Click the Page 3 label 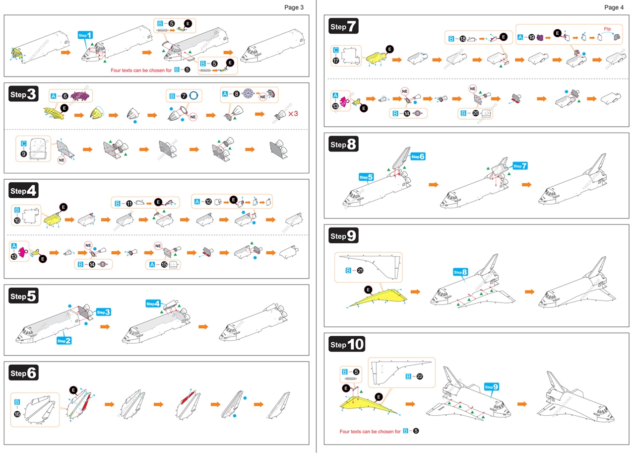(x=294, y=7)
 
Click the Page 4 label (x=614, y=7)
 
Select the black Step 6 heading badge (x=24, y=373)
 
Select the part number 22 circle (x=419, y=377)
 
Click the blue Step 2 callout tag (x=64, y=341)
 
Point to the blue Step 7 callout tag (x=520, y=165)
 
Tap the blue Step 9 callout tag (x=492, y=387)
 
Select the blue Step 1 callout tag (x=85, y=35)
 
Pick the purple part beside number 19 (x=541, y=37)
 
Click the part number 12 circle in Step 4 (x=209, y=202)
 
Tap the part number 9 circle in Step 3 (x=23, y=154)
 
